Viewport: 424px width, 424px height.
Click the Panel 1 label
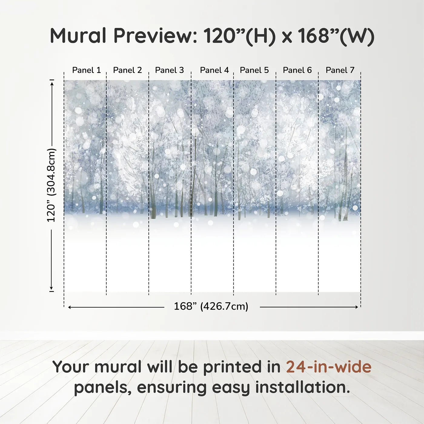[86, 70]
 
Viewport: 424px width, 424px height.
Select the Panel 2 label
[127, 70]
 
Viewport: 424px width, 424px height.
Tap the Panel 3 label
[169, 70]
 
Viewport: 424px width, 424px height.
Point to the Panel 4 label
[214, 70]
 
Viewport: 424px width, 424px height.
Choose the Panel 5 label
[254, 70]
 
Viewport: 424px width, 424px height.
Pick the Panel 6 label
[297, 70]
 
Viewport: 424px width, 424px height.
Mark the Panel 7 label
[340, 70]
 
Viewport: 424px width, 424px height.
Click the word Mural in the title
[78, 36]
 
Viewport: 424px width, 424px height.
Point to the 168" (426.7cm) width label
[211, 306]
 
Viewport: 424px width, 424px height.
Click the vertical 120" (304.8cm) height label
[51, 185]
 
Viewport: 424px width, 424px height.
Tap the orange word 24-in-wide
[329, 367]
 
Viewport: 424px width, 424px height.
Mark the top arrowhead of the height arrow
[52, 83]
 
